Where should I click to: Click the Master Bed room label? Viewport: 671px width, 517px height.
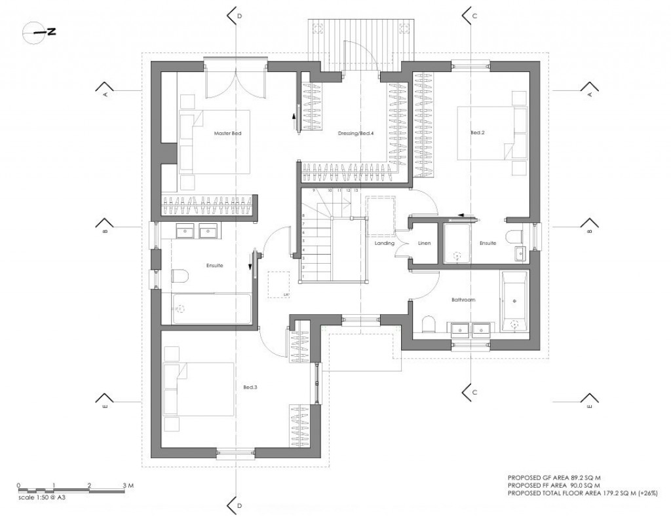[228, 134]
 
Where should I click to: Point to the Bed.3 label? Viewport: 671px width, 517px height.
[250, 387]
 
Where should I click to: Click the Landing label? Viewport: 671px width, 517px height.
[384, 243]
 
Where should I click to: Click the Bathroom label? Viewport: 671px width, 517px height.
[463, 300]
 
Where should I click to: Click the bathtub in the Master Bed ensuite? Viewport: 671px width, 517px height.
[211, 309]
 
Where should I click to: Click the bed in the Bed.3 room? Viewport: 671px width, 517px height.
[198, 389]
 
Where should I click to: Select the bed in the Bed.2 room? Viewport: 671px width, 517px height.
[491, 134]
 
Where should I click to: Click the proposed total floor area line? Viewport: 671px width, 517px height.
[583, 492]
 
